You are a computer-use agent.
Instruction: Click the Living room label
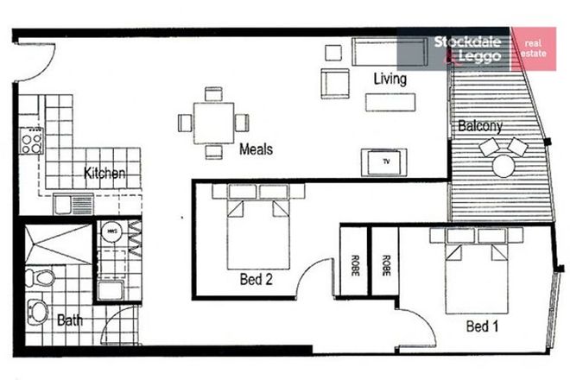389,79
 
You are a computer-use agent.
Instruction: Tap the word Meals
256,149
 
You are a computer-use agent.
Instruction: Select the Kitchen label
105,174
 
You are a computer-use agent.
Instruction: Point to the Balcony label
480,126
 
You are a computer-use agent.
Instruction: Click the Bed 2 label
257,278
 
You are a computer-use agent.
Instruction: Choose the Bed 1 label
483,326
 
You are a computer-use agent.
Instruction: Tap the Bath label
70,320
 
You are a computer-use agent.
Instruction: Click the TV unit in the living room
387,161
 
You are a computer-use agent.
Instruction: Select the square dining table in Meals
213,122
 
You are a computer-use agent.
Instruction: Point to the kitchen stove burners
32,140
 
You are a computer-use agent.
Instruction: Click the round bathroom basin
39,309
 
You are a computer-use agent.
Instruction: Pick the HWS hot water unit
111,233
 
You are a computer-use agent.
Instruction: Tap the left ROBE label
355,263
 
